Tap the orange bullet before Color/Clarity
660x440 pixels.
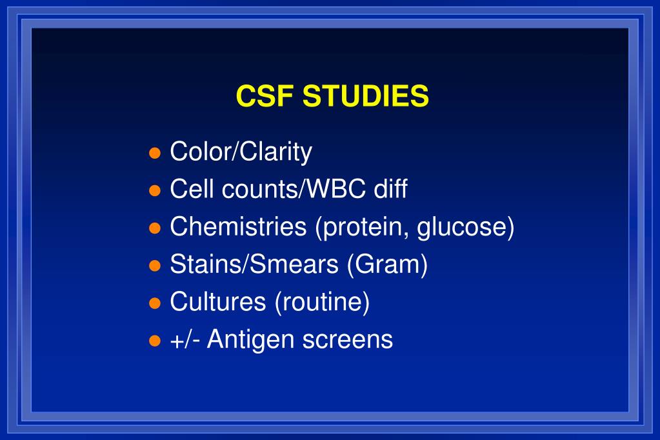pos(154,154)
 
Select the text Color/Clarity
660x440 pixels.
pos(241,152)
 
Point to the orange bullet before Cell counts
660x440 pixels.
pos(154,191)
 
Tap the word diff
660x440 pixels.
pos(390,190)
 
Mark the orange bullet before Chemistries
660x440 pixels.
pos(154,228)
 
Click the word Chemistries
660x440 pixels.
pos(238,227)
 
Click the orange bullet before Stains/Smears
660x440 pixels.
pos(154,266)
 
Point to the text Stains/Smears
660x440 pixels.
pos(254,265)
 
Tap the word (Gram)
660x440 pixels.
pos(387,265)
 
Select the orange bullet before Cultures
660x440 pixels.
pos(154,303)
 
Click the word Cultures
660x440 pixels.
pos(217,302)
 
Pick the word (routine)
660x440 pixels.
pos(322,303)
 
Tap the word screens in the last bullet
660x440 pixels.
pos(347,340)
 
